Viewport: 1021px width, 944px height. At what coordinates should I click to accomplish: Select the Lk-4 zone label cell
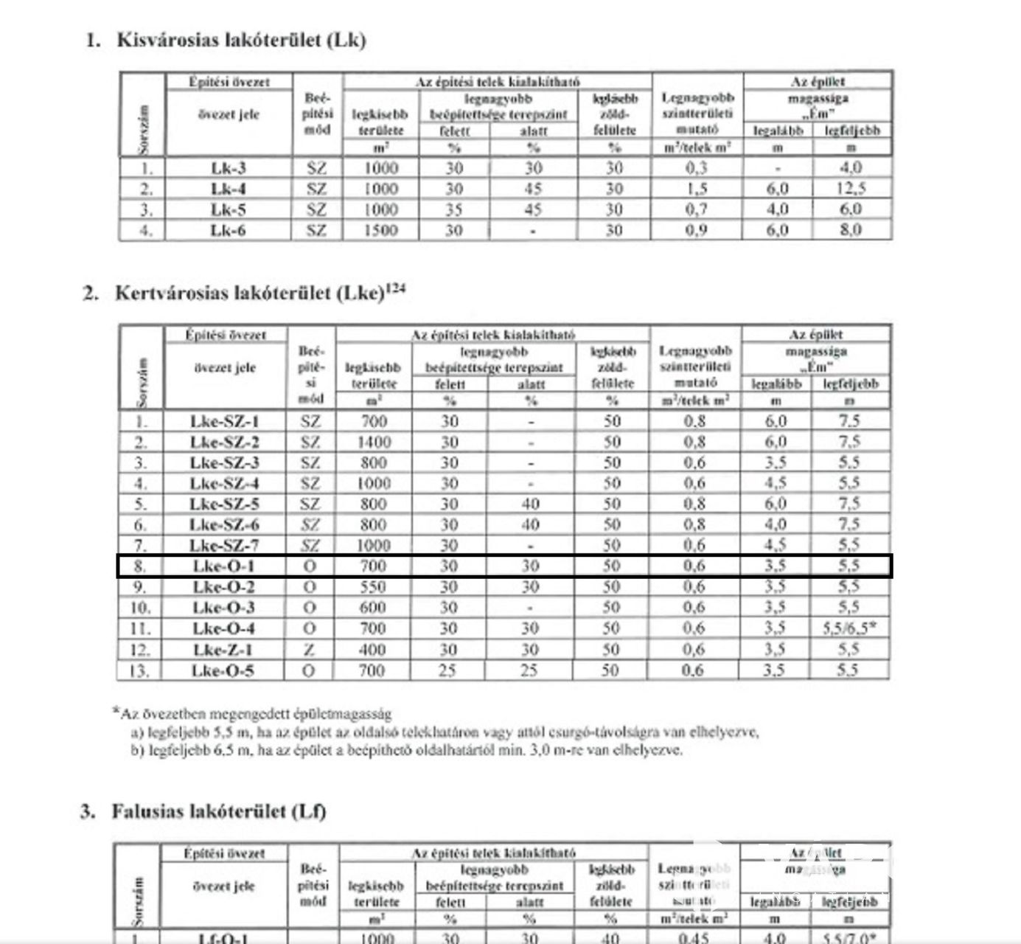pos(228,189)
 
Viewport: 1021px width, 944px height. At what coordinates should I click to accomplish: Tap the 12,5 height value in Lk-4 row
pos(850,189)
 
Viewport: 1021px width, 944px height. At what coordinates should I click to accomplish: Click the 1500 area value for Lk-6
pos(380,230)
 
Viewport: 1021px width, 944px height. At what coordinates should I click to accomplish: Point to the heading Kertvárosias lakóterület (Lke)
pos(249,294)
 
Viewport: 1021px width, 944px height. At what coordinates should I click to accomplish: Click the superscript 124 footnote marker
pos(396,288)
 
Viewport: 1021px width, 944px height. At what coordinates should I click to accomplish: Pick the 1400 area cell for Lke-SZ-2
pos(373,442)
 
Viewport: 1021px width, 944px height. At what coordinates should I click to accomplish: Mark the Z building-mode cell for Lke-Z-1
pos(310,650)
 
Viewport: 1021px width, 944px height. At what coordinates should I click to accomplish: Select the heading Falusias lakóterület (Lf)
pos(218,812)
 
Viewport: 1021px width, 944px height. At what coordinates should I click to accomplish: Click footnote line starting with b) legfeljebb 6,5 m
pos(406,751)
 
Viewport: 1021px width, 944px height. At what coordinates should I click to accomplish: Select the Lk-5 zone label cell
pos(228,209)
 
